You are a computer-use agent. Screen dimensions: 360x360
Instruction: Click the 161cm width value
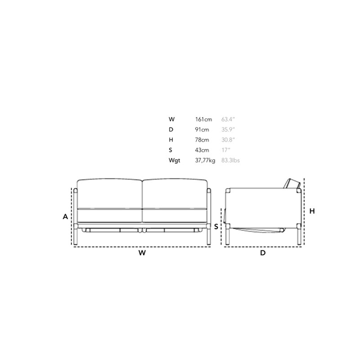tap(203, 119)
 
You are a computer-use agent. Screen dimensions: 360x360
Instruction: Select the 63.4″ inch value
tap(228, 119)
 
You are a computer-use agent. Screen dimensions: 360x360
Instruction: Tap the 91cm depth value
tap(202, 130)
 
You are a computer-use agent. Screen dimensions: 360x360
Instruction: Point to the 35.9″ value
tap(228, 130)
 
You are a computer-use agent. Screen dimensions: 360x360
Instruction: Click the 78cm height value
tap(202, 140)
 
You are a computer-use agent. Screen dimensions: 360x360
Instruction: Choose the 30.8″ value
tap(228, 140)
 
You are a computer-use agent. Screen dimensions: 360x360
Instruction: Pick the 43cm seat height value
tap(202, 150)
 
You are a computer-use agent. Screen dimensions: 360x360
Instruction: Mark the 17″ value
tap(226, 150)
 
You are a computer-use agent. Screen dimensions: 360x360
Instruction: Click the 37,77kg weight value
tap(205, 161)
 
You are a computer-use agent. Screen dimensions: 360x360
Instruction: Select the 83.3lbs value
tap(230, 160)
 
